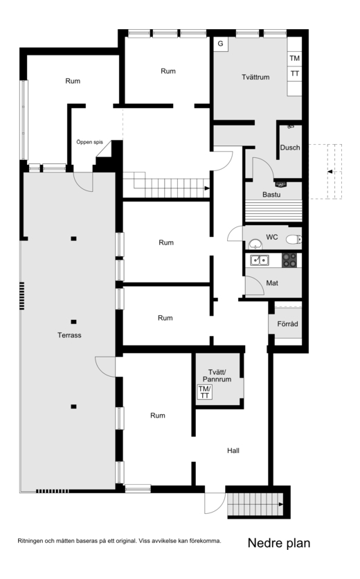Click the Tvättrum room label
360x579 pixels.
coord(255,77)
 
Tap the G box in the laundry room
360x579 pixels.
coord(221,44)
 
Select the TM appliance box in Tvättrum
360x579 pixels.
coord(295,58)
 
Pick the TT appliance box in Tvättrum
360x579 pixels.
coord(295,73)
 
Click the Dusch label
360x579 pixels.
coord(290,148)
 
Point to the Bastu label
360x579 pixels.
coord(271,195)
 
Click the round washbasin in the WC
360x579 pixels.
coord(255,244)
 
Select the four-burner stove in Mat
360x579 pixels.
coord(289,260)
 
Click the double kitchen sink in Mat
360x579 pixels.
coord(260,260)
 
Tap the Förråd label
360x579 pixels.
coord(287,324)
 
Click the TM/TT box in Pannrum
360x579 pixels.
coord(205,392)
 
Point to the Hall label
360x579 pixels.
coord(233,450)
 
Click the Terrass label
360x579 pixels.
coord(69,335)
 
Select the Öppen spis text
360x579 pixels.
coord(89,142)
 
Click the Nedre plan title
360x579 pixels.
coord(279,543)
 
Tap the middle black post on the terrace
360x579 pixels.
coord(74,322)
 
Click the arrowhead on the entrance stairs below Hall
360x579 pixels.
coord(281,505)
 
